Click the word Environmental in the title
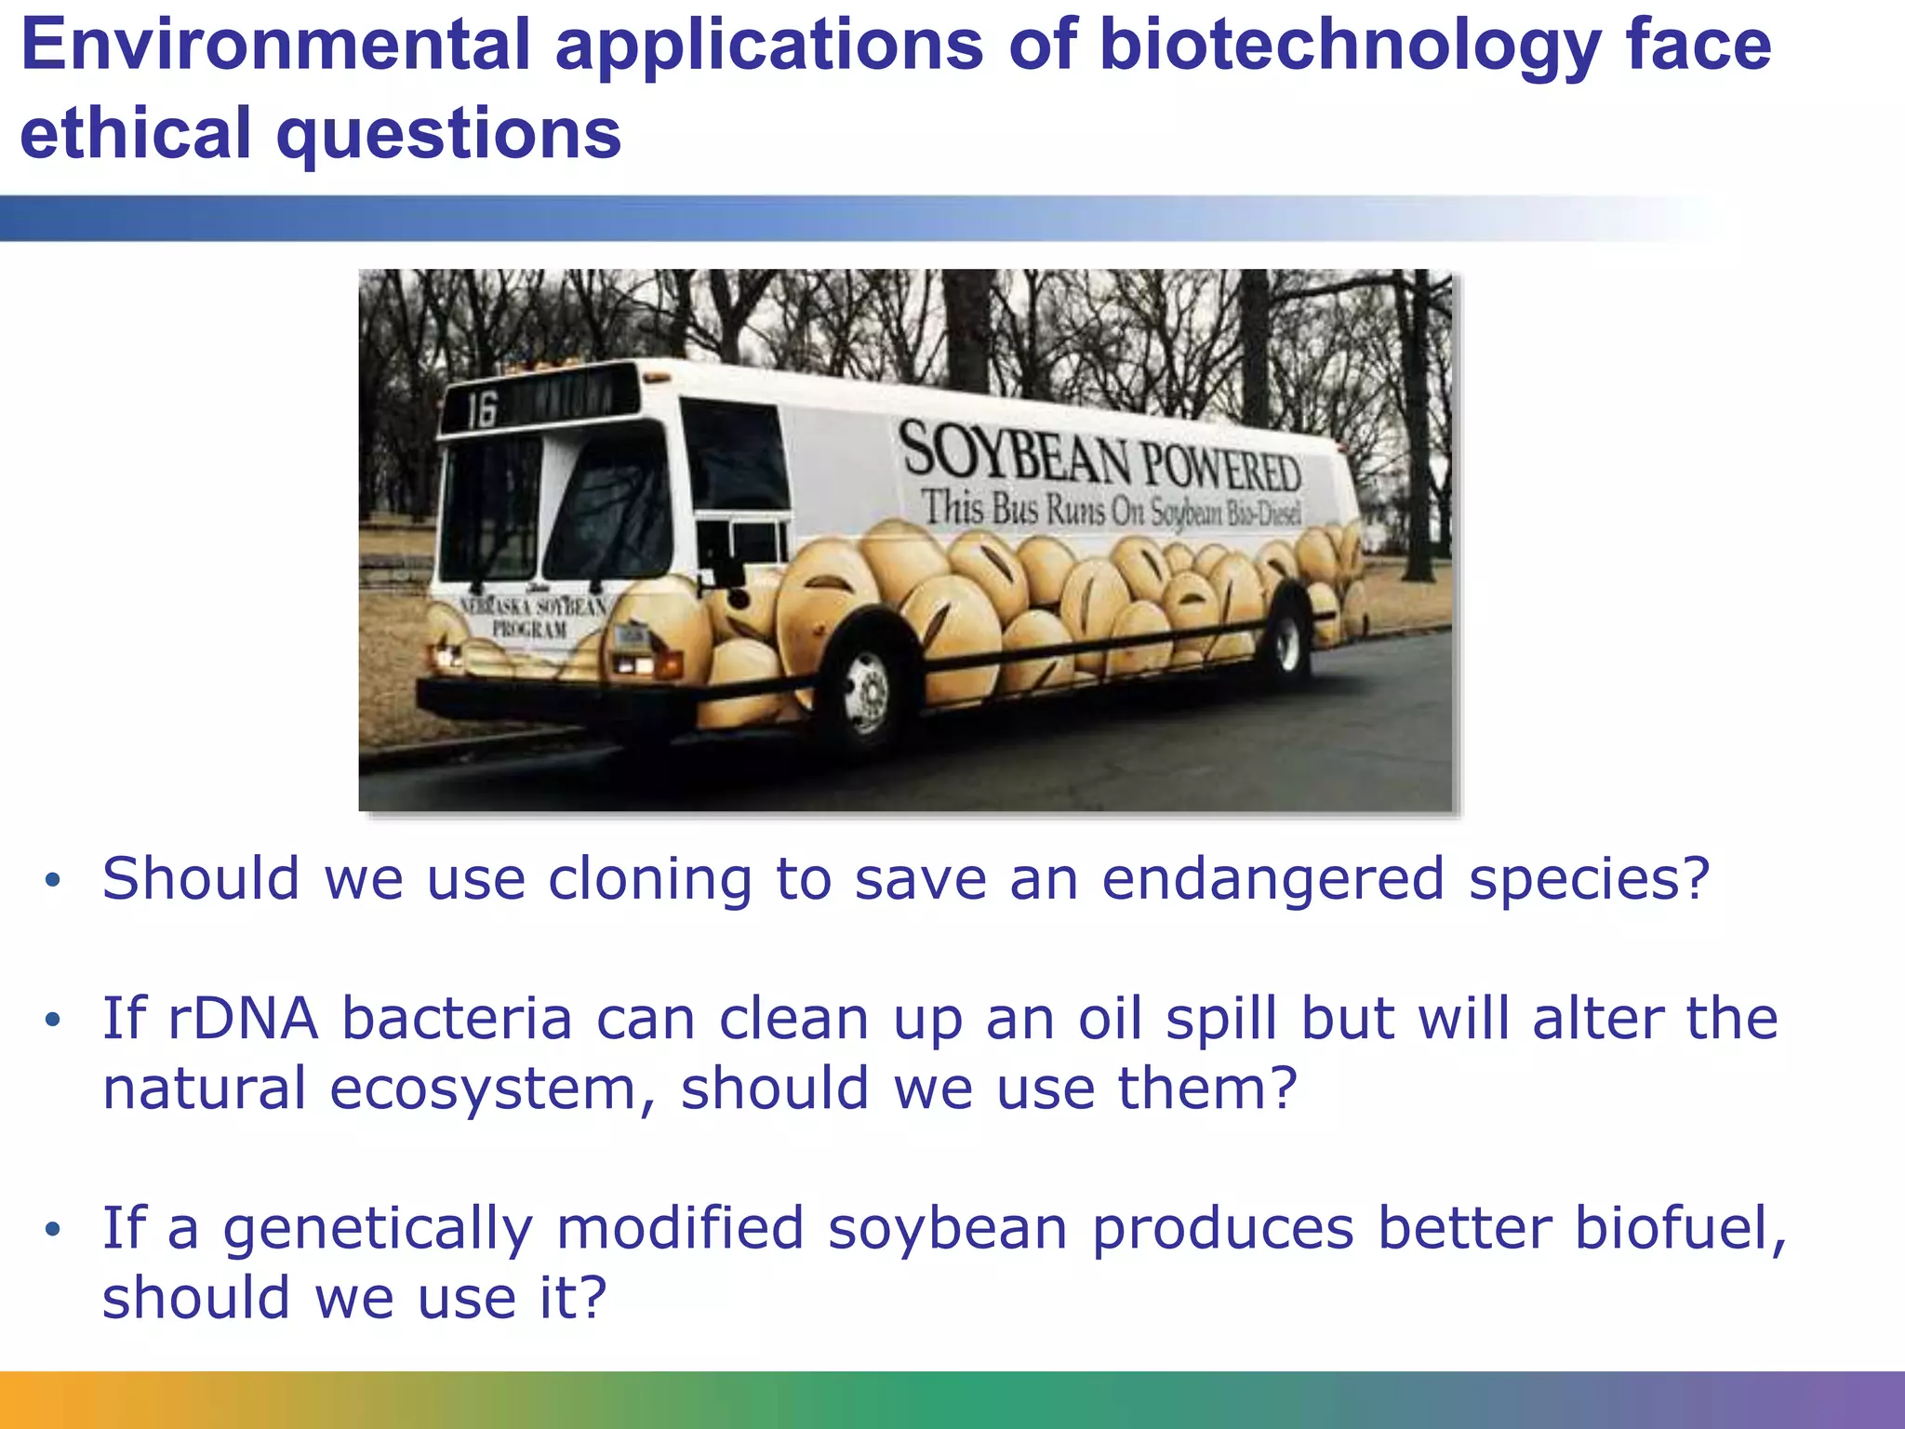pos(275,45)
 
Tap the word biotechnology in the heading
pos(1349,45)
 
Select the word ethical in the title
pos(136,133)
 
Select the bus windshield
pos(558,507)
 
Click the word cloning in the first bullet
pos(649,878)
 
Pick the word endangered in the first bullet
pos(1272,878)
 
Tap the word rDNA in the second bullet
pos(243,1018)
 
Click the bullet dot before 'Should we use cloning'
pos(53,880)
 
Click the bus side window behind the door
pos(735,456)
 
